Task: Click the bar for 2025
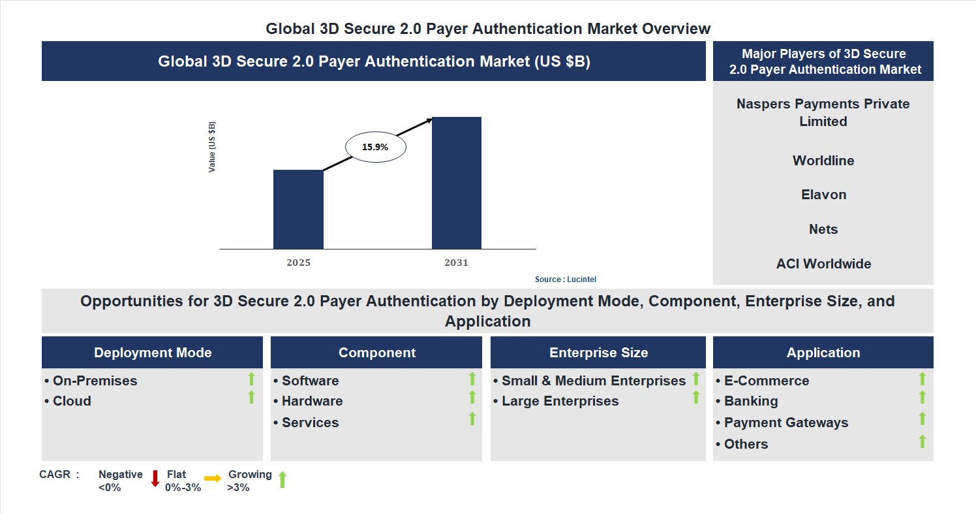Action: point(298,209)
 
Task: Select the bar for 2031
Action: point(457,183)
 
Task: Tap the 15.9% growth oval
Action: point(375,147)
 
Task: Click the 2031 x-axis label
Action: point(457,263)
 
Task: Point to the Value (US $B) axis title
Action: point(212,147)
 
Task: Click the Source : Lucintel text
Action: point(565,280)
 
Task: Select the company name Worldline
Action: point(823,161)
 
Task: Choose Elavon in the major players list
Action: point(823,195)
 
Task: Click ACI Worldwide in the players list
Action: point(823,264)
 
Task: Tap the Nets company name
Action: point(823,229)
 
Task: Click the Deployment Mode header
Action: point(153,353)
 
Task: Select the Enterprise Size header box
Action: point(598,353)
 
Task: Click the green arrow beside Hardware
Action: point(472,397)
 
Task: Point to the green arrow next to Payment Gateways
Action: point(923,419)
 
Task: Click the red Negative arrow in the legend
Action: point(155,478)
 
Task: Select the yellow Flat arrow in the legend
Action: point(213,479)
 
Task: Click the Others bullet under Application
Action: point(746,444)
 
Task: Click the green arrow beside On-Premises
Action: point(251,378)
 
